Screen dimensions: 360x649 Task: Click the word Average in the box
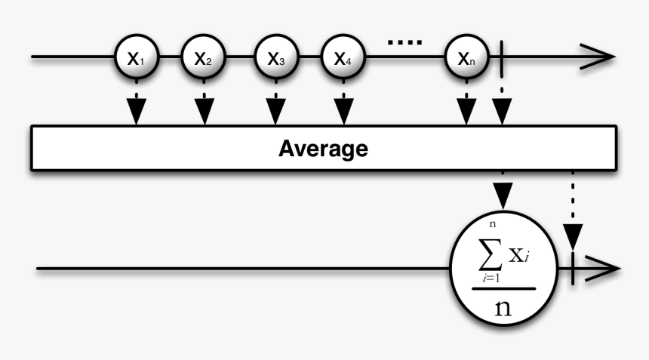324,148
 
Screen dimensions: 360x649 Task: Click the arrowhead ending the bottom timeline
608,269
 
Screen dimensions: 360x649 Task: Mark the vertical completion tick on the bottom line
574,268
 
